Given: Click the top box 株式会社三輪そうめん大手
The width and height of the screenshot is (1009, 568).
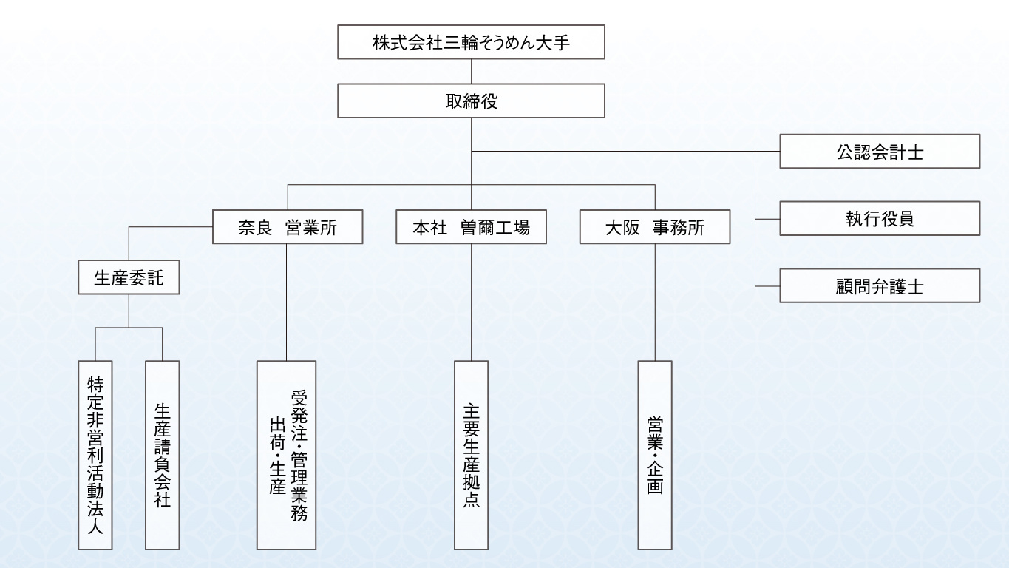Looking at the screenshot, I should [x=471, y=42].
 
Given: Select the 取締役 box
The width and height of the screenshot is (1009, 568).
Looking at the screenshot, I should [x=471, y=101].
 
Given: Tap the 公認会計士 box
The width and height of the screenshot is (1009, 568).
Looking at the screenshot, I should [x=880, y=152].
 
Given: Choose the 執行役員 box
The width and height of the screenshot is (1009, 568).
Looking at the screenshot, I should [x=880, y=219].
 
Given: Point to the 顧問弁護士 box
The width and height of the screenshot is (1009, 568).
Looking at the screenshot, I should [x=880, y=285].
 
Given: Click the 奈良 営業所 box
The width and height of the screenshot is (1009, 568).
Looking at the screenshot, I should [x=288, y=227].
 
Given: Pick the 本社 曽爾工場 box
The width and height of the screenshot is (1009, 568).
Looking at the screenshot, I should [x=471, y=227].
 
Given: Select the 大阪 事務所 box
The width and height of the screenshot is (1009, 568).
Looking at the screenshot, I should [x=655, y=227].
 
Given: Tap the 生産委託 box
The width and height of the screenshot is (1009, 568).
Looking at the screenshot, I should [x=129, y=278].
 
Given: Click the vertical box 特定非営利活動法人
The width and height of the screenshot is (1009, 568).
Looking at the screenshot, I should [x=95, y=455].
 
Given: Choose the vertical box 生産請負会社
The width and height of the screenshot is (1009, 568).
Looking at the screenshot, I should [x=163, y=455].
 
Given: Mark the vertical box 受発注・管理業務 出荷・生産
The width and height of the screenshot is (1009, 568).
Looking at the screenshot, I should [x=287, y=455].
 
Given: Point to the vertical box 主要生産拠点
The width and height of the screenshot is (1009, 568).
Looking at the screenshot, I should [x=471, y=455].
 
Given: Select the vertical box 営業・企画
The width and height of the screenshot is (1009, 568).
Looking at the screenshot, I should [x=655, y=455].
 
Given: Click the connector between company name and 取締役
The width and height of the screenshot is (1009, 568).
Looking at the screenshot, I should [x=471, y=72].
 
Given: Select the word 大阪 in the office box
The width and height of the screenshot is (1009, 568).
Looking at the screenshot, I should [x=622, y=228].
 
